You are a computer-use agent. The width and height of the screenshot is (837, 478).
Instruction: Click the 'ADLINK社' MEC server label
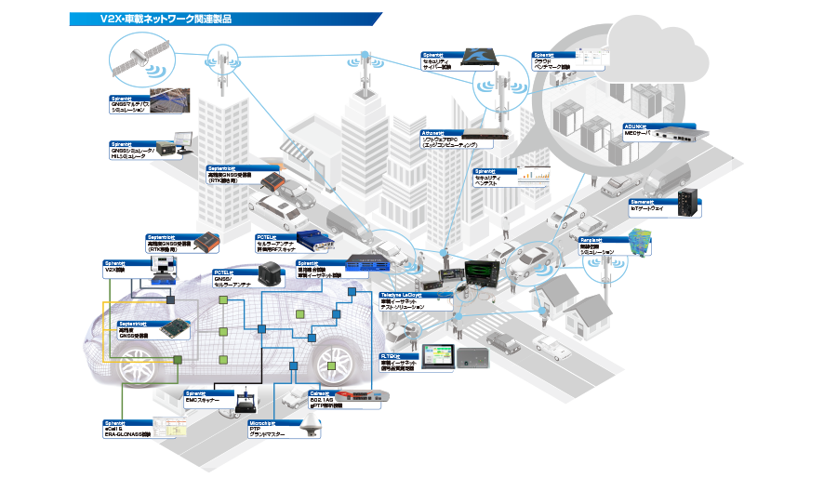click(641, 126)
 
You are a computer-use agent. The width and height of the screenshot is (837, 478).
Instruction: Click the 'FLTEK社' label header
click(392, 355)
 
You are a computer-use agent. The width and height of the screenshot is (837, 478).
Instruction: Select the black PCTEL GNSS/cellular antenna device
click(270, 272)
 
